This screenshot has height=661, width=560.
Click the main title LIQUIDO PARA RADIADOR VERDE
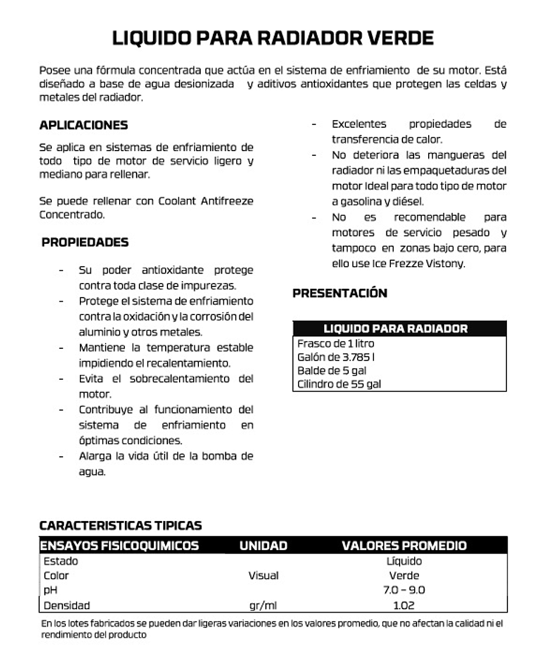[272, 38]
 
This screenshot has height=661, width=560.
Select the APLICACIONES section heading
[83, 125]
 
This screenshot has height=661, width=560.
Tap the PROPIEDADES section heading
[85, 242]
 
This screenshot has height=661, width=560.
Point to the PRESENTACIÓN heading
[339, 293]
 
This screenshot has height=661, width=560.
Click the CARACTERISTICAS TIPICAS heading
[120, 525]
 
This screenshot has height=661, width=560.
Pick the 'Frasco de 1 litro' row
[335, 344]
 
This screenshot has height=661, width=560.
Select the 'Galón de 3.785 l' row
[332, 357]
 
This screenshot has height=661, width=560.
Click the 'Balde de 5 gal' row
[331, 370]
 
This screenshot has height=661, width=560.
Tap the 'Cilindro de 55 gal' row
[339, 384]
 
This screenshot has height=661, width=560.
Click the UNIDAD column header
[263, 546]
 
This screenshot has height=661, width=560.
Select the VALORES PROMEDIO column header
[404, 546]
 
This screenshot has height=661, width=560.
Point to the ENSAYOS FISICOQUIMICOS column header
[119, 546]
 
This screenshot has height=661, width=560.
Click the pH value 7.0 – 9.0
[404, 590]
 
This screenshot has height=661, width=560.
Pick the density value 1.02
[404, 606]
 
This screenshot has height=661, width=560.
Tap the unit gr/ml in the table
[262, 606]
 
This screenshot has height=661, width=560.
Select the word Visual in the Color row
[263, 576]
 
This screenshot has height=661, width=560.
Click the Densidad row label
[66, 606]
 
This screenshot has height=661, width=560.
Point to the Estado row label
[61, 561]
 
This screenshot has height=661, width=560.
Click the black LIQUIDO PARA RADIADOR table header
[395, 328]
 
